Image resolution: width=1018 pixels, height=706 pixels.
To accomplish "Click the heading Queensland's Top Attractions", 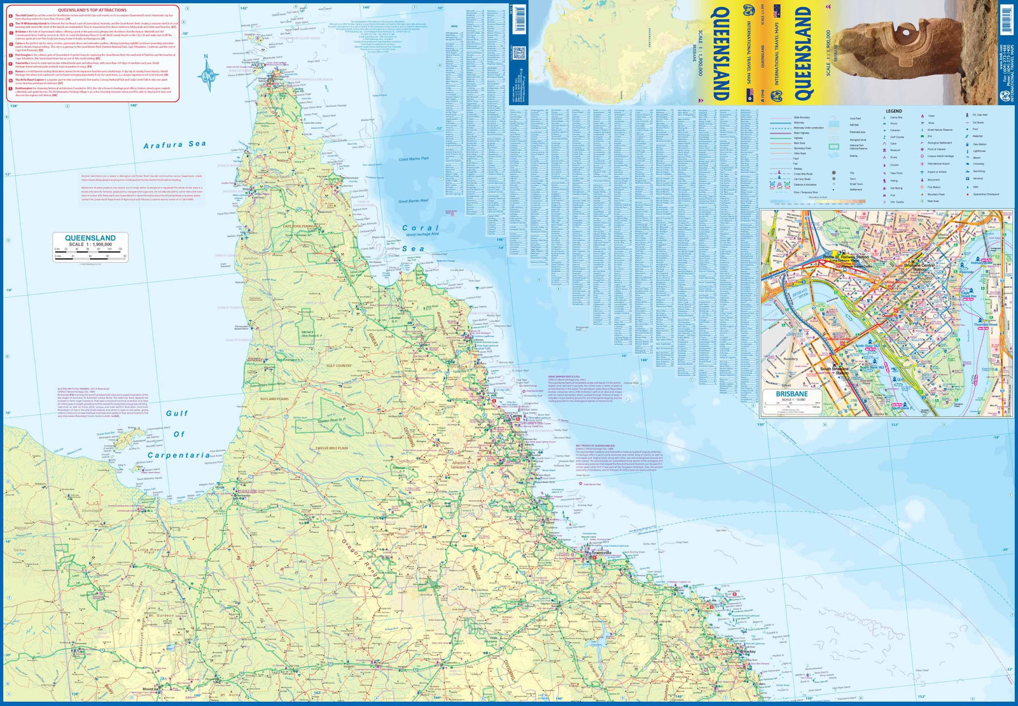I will click(x=92, y=10).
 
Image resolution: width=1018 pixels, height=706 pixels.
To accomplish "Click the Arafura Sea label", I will click(x=175, y=145).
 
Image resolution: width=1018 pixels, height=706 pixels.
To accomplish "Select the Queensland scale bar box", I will click(x=90, y=247).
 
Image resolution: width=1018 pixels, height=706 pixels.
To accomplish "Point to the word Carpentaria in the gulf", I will click(x=179, y=455).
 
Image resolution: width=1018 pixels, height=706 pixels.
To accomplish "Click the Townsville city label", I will click(x=601, y=553).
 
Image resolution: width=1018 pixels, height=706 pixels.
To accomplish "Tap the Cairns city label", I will click(x=512, y=417).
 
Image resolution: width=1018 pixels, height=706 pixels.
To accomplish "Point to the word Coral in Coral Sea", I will click(x=420, y=228).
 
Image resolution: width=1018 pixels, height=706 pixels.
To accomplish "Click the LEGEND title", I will click(x=893, y=111).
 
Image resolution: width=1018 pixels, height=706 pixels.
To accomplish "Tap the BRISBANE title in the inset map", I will click(x=791, y=394).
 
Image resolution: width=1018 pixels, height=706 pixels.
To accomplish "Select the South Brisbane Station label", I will click(x=834, y=369).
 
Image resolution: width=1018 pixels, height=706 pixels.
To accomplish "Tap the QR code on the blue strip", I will click(x=518, y=53).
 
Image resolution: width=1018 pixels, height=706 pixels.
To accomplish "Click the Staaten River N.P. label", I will click(x=331, y=421).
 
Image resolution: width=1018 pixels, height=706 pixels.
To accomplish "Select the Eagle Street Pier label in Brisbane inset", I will click(x=968, y=296).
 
